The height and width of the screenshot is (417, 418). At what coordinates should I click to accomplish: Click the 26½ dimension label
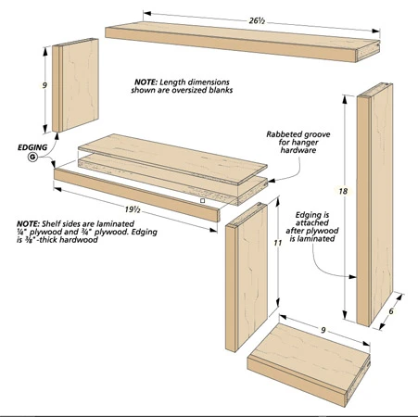pyautogui.click(x=257, y=21)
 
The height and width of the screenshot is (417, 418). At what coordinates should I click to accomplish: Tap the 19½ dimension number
pyautogui.click(x=133, y=209)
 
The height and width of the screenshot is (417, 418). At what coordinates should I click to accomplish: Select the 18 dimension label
pyautogui.click(x=343, y=191)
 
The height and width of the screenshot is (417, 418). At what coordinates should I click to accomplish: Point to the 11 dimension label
pyautogui.click(x=278, y=243)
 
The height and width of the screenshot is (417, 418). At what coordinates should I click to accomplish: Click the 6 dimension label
pyautogui.click(x=391, y=311)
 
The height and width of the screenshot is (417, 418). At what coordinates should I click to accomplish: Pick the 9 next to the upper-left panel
pyautogui.click(x=44, y=85)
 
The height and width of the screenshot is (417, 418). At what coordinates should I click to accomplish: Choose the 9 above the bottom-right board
pyautogui.click(x=323, y=330)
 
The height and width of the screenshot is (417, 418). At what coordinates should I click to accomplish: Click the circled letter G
pyautogui.click(x=32, y=158)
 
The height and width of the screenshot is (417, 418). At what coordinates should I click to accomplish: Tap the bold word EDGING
pyautogui.click(x=32, y=147)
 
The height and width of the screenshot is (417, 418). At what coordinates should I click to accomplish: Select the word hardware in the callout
pyautogui.click(x=298, y=150)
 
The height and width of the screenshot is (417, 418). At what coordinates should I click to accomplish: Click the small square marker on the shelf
pyautogui.click(x=202, y=201)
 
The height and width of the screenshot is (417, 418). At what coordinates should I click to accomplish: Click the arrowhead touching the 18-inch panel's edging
pyautogui.click(x=353, y=277)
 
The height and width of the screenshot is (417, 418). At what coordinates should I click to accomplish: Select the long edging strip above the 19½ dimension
pyautogui.click(x=137, y=196)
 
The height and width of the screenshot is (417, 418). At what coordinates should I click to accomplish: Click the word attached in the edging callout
pyautogui.click(x=312, y=222)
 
